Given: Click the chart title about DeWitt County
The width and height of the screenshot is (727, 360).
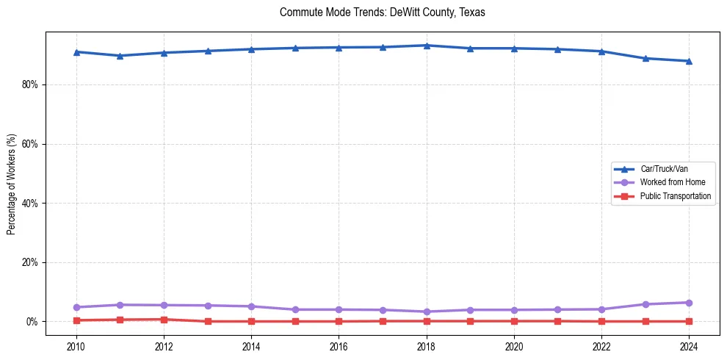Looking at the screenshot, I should pos(382,12).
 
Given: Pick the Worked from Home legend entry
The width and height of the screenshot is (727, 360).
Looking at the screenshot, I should pos(669,182).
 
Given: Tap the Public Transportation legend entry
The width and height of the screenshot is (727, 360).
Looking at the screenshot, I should pos(675,196).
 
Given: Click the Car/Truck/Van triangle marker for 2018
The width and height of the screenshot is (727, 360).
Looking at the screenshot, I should pos(427,46).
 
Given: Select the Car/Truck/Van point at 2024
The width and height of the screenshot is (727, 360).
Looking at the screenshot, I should pos(689,61).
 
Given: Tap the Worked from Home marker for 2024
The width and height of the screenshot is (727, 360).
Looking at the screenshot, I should pos(689,303).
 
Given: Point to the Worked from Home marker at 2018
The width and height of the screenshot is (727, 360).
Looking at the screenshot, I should pos(427,312).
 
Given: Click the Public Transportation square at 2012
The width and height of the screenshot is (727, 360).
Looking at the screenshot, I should pos(164,320).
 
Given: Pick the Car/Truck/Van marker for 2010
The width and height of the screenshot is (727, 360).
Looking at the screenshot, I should pos(76,52).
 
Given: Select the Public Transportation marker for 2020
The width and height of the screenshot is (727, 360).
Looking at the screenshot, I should pos(514,321).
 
